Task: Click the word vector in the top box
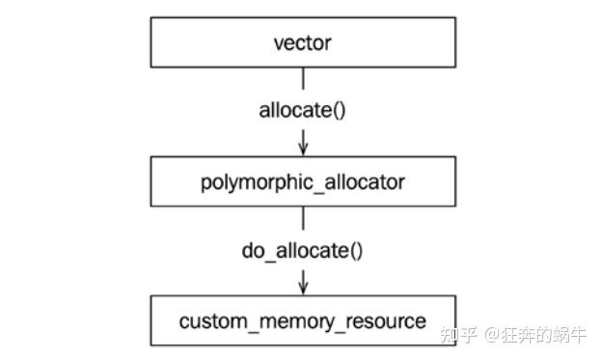click(302, 42)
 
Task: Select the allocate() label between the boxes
click(302, 109)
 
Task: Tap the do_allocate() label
click(302, 252)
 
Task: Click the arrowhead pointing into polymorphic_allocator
click(303, 149)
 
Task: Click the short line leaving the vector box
click(303, 77)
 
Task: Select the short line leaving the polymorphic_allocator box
click(303, 218)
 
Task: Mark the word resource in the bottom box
click(384, 320)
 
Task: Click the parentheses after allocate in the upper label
click(338, 109)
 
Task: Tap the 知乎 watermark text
click(458, 335)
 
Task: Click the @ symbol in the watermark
click(491, 335)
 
